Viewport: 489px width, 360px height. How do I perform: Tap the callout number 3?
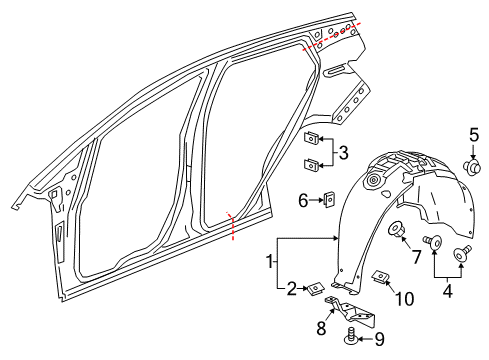(343, 152)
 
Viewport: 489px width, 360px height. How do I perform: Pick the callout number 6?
(303, 200)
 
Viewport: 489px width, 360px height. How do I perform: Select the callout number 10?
(404, 298)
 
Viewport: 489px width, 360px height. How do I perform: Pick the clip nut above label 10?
(379, 277)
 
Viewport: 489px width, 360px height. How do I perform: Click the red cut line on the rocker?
(233, 226)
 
